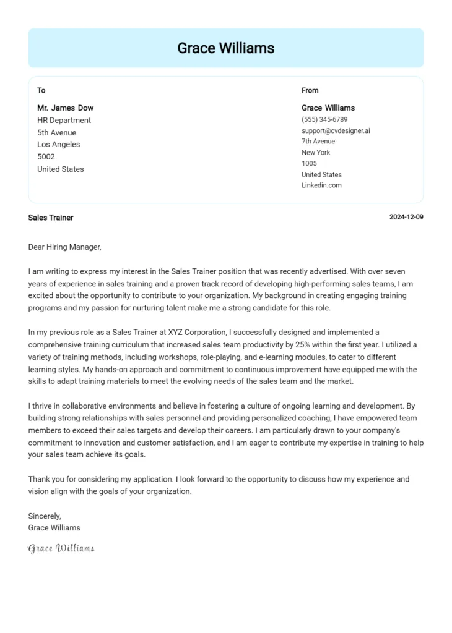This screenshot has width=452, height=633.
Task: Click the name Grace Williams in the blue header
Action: pos(225,48)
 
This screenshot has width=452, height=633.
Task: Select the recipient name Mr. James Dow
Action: pos(65,108)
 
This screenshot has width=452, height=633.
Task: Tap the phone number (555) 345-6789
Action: pos(324,119)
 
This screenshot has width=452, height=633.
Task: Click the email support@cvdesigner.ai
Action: pos(336,130)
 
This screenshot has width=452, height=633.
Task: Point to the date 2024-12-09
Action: pos(406,218)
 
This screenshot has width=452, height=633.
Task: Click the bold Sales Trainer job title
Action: pos(51,218)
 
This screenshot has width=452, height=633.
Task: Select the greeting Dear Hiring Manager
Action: pos(64,247)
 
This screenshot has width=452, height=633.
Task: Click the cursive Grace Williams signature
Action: pos(61,548)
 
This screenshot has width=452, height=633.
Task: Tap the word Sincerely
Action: pos(45,516)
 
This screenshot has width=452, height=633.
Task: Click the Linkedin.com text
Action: pos(321,185)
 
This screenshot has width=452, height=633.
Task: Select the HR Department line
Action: pos(64,121)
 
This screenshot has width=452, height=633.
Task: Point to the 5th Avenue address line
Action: pos(56,132)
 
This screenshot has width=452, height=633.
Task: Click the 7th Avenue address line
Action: pos(318,142)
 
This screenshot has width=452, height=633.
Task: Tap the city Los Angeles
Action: pos(58,145)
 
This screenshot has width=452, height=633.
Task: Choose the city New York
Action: pos(316,152)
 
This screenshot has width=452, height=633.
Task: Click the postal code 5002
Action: pos(46,156)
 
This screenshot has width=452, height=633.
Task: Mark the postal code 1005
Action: pos(309,163)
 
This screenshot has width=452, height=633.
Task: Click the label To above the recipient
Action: pos(41,90)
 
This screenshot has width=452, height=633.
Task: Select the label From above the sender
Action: pos(310,90)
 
